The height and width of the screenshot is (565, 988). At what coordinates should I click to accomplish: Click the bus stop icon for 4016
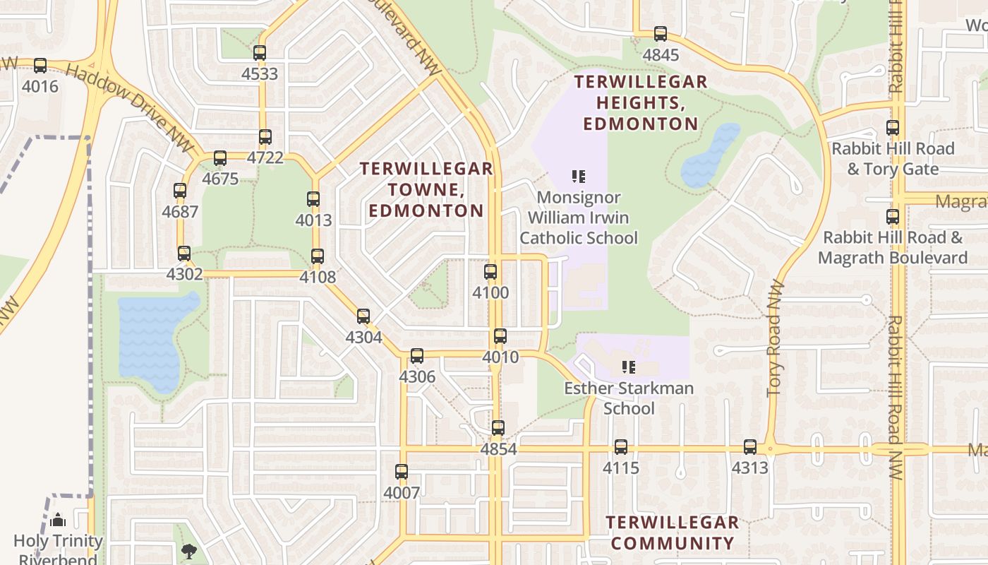coord(40,66)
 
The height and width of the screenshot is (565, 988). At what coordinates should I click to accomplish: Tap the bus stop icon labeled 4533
coord(260,53)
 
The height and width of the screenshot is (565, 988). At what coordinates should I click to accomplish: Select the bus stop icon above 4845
coord(661,34)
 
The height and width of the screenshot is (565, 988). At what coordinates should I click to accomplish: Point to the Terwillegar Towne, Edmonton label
coord(426,189)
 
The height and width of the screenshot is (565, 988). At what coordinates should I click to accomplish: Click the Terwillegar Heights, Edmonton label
coord(640,103)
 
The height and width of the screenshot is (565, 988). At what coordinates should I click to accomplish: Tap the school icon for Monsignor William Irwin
coord(579,177)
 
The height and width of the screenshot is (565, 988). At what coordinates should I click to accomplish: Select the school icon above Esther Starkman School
coord(628,367)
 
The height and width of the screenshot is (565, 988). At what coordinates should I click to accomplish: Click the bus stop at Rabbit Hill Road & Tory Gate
coord(893,129)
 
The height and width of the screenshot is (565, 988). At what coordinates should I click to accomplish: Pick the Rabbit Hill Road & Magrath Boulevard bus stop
coord(893,217)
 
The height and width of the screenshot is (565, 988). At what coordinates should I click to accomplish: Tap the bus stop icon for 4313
coord(750,447)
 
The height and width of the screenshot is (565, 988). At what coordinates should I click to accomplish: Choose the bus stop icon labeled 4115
coord(621,447)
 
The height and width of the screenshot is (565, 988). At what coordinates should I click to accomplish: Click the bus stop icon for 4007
coord(402,472)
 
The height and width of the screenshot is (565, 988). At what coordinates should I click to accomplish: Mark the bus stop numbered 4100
coord(490,272)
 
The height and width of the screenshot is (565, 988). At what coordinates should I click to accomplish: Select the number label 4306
coord(417,377)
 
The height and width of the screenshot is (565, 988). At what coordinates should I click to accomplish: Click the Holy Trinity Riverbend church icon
coord(58,521)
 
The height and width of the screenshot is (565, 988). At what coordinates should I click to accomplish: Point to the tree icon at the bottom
coord(188,551)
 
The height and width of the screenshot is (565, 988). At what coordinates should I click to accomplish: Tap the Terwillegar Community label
coord(672,533)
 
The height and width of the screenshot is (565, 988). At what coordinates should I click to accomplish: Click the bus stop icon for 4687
coord(180,191)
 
